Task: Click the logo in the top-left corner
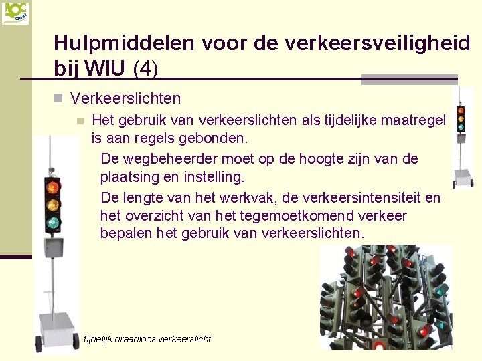15,13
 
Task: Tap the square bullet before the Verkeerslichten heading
58,99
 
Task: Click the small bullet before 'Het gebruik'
79,121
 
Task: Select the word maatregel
412,120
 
